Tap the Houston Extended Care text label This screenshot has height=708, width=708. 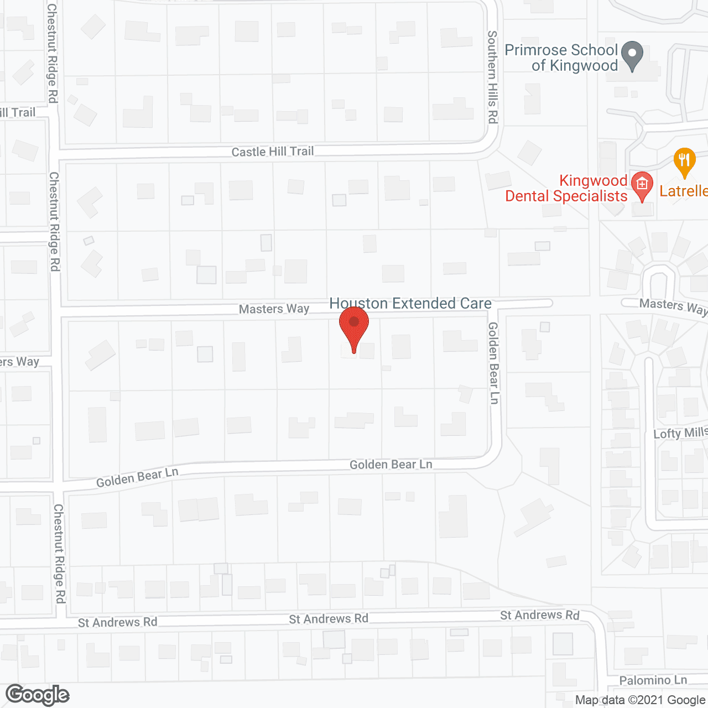[x=410, y=303]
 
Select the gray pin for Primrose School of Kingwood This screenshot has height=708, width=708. [x=632, y=55]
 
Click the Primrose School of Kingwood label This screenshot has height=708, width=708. [x=561, y=58]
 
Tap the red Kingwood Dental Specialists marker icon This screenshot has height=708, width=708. [x=642, y=186]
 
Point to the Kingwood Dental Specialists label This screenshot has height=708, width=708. [x=566, y=189]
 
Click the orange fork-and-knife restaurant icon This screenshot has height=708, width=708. [x=685, y=162]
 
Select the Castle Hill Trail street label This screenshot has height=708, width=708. [x=272, y=152]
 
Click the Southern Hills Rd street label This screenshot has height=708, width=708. [x=492, y=77]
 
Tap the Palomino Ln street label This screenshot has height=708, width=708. [x=653, y=680]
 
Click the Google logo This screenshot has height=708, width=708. [x=38, y=695]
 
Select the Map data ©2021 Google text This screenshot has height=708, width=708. [x=641, y=700]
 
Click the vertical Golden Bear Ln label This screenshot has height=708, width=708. [x=493, y=363]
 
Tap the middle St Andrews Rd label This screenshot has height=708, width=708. [x=329, y=619]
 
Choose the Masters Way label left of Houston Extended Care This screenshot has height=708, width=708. [x=274, y=309]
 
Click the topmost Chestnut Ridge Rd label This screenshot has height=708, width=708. [x=52, y=53]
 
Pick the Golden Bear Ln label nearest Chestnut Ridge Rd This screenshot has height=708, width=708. [x=137, y=477]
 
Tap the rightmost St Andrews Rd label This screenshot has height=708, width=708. [x=540, y=615]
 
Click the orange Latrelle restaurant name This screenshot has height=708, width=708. [x=684, y=191]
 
